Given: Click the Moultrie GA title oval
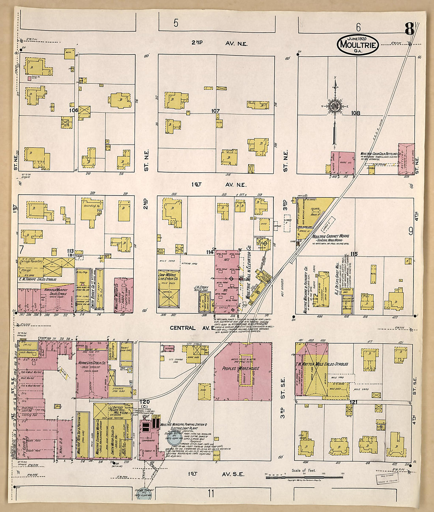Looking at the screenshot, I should tap(358, 45).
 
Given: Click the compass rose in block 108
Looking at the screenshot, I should tap(335, 106).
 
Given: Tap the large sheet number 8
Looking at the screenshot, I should tap(409, 30).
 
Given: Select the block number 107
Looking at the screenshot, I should tap(215, 111).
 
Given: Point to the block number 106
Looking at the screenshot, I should tap(73, 110).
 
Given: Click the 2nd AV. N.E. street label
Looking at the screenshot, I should tap(219, 43).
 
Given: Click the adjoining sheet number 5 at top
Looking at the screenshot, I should tap(176, 23).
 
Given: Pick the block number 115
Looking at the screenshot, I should tap(353, 254).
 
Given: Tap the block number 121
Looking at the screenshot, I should tap(353, 402).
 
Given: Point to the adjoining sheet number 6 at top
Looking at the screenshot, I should tap(358, 27).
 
